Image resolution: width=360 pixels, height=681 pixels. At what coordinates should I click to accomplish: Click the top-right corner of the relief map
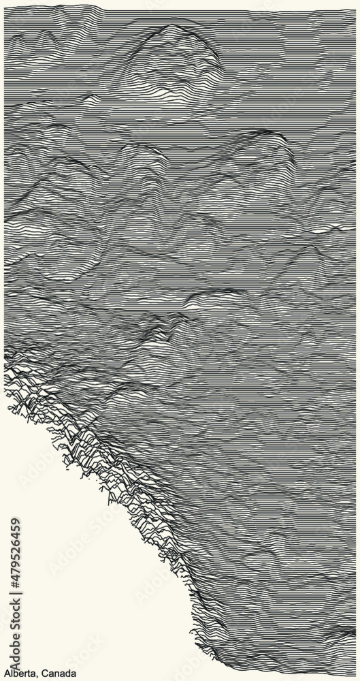click(355, 11)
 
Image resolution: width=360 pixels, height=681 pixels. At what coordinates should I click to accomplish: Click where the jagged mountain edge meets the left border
click(5, 354)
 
